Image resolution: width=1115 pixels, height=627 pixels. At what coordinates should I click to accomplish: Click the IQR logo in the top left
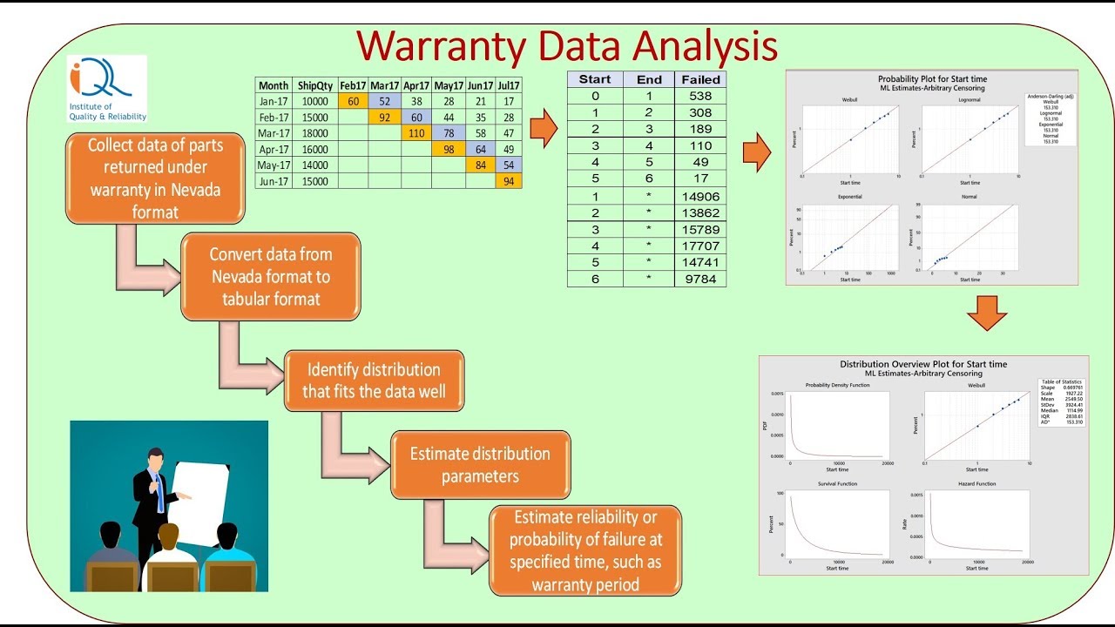(x=107, y=89)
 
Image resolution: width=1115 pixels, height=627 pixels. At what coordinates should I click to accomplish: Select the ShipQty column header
(x=314, y=85)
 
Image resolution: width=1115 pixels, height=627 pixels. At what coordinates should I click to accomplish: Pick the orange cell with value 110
(x=416, y=133)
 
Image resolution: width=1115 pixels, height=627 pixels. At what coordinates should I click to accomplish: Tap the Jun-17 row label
(x=273, y=181)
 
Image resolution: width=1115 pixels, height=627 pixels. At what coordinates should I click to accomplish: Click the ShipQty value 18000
(x=314, y=133)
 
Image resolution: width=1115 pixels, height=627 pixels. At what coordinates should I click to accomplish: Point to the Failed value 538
(x=699, y=96)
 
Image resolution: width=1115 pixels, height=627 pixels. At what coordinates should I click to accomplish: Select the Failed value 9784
(x=699, y=279)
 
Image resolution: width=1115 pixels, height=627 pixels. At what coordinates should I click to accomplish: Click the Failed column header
(x=700, y=79)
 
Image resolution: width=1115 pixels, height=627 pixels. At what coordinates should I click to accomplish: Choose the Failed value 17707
(x=699, y=246)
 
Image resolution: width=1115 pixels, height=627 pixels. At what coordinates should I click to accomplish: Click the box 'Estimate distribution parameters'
(x=480, y=465)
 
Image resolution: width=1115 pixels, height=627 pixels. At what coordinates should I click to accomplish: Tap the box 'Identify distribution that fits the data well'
(x=374, y=381)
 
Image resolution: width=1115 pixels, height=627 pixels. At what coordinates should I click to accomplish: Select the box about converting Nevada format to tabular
(x=271, y=276)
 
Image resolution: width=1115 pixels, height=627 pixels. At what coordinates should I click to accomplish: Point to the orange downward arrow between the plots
(x=987, y=313)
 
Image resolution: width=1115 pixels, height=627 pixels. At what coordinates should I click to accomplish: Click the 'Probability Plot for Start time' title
(x=932, y=79)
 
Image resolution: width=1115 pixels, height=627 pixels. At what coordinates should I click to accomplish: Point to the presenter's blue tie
(x=160, y=491)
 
